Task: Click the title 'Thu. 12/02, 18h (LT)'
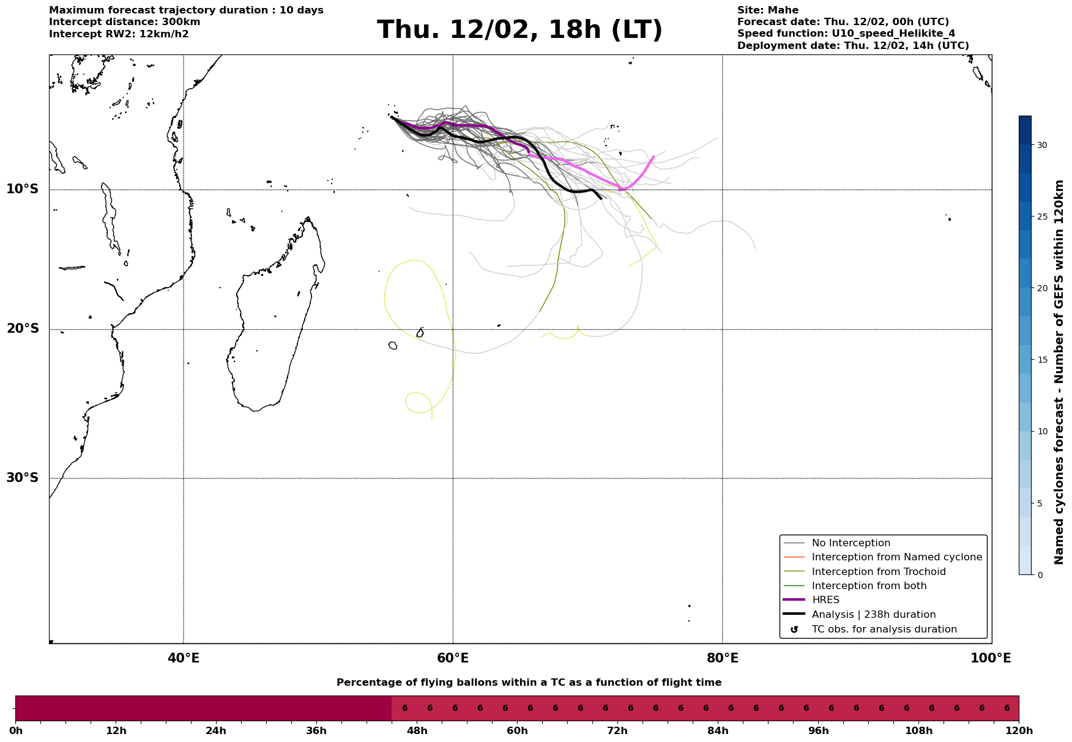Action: click(x=519, y=30)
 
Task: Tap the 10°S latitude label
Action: click(x=23, y=189)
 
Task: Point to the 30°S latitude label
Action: click(x=23, y=478)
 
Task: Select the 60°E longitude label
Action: click(x=453, y=658)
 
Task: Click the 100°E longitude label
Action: click(x=991, y=658)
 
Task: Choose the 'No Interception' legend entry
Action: click(x=851, y=543)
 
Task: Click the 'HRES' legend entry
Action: click(x=825, y=600)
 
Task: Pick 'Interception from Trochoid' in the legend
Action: click(x=878, y=572)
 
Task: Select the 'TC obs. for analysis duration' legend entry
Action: click(x=884, y=629)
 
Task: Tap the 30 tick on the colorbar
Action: click(x=1041, y=145)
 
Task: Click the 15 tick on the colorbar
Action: click(x=1041, y=360)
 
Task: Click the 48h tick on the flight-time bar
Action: click(x=417, y=731)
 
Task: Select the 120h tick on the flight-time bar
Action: click(x=1019, y=731)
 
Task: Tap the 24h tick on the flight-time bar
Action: click(x=216, y=731)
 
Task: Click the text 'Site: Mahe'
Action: click(x=767, y=10)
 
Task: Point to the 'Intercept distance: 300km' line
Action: click(x=124, y=22)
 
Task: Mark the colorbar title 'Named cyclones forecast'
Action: click(x=1059, y=371)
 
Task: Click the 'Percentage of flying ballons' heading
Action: click(x=529, y=683)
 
